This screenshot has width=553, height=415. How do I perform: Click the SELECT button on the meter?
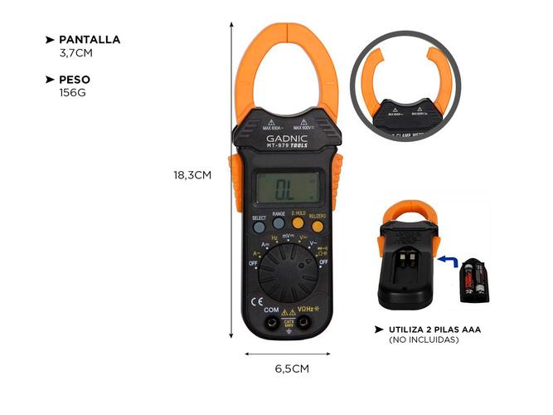(259, 225)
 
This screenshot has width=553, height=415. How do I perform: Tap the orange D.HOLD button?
(298, 223)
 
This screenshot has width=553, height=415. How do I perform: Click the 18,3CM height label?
(192, 175)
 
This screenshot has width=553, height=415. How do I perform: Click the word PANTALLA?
(89, 39)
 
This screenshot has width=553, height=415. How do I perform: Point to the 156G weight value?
(72, 92)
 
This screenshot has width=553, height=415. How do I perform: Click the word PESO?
(75, 80)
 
